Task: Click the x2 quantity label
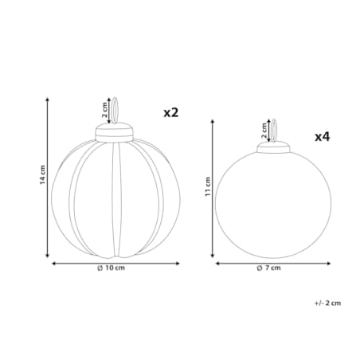point(171,113)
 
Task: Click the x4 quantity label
point(323,137)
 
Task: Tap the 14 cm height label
point(42,175)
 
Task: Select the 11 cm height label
point(208,187)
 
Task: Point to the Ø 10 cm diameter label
point(111,268)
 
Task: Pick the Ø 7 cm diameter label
point(268,268)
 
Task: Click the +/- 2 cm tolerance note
point(328,303)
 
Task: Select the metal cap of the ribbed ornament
point(114,132)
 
